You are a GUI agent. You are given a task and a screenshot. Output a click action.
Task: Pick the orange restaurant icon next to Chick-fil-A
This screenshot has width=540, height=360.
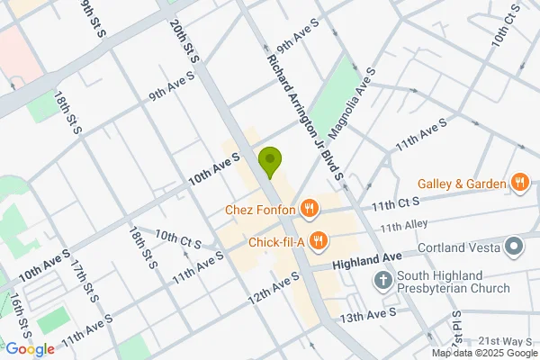pyautogui.click(x=317, y=240)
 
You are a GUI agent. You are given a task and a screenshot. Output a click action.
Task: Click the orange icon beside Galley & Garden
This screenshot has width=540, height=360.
pyautogui.click(x=519, y=184)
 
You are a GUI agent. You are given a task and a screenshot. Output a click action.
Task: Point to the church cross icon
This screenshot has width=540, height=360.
pyautogui.click(x=382, y=282)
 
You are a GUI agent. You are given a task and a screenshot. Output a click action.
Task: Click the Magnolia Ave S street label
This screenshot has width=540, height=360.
pyautogui.click(x=352, y=102)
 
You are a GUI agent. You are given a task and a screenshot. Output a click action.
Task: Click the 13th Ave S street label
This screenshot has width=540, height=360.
pyautogui.click(x=368, y=313)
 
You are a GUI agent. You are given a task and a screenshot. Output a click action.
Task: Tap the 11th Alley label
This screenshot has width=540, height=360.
pyautogui.click(x=400, y=227)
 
